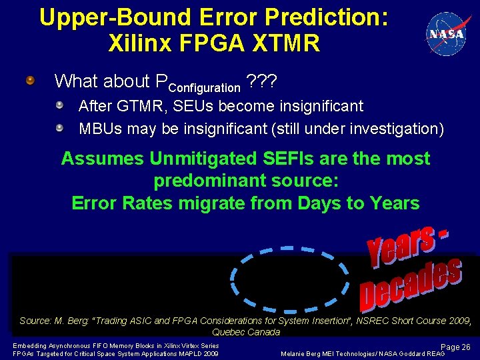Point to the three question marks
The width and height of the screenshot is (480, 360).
(x=261, y=81)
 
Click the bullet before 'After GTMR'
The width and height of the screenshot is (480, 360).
(x=59, y=105)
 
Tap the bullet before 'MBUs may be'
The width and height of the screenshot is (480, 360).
(x=59, y=127)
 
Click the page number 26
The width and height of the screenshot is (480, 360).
(x=465, y=347)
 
